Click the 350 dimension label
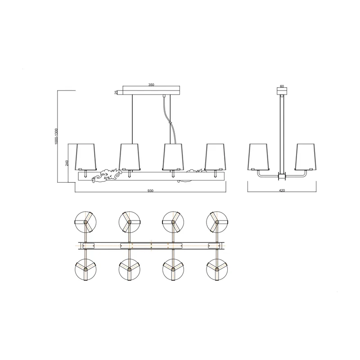pyautogui.click(x=151, y=85)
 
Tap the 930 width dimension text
pyautogui.click(x=150, y=191)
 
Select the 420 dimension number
pyautogui.click(x=282, y=190)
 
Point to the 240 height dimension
pyautogui.click(x=67, y=163)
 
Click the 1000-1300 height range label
pyautogui.click(x=57, y=136)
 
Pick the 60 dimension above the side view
pyautogui.click(x=282, y=86)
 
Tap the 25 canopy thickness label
pyautogui.click(x=116, y=92)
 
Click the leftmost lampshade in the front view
pyautogui.click(x=86, y=157)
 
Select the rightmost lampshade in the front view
pyautogui.click(x=215, y=157)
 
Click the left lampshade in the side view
pyautogui.click(x=258, y=157)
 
